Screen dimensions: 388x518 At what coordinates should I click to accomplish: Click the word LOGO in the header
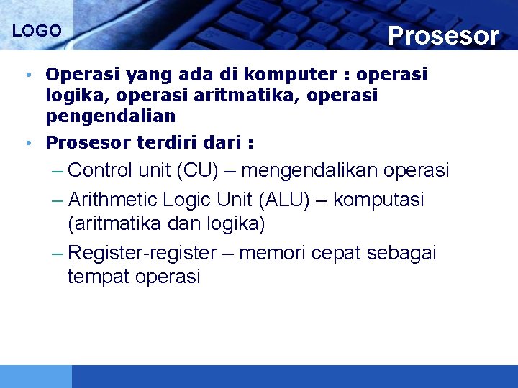[37, 32]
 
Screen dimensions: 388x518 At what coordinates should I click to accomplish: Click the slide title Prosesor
[442, 35]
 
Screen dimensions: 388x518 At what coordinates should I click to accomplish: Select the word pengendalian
[110, 116]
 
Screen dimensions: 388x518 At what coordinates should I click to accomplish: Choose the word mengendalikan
[310, 171]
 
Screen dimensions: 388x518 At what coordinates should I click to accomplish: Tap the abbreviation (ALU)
[283, 199]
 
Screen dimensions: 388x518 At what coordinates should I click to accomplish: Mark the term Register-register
[142, 253]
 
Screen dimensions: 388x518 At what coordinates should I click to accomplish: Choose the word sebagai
[401, 253]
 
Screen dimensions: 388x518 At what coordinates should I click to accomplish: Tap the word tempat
[97, 277]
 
